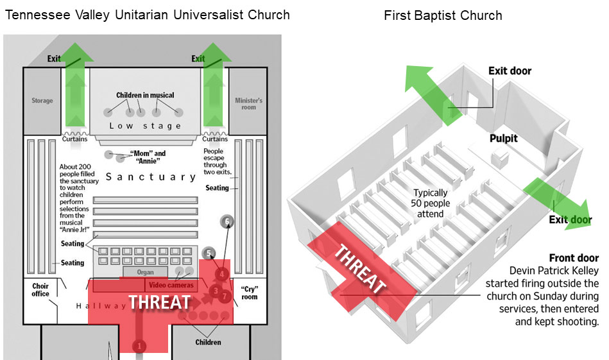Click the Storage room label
(x=42, y=101)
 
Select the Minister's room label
(x=248, y=104)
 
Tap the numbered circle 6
(x=227, y=222)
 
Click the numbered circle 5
(x=208, y=253)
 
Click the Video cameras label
(x=171, y=285)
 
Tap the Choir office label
(x=41, y=289)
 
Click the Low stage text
(x=145, y=126)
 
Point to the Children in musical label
(x=145, y=96)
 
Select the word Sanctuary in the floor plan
(x=151, y=176)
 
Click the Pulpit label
(x=504, y=139)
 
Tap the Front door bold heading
(x=574, y=258)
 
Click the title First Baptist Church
(x=443, y=15)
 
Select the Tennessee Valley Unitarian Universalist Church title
(x=147, y=15)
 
